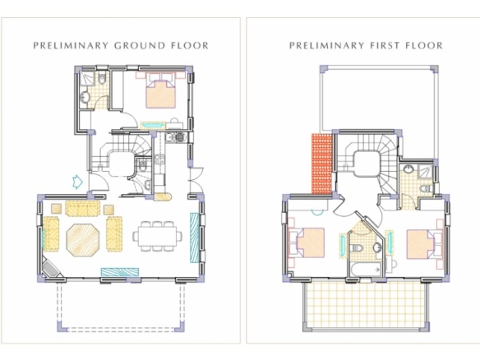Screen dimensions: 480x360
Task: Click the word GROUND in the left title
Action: click(140, 45)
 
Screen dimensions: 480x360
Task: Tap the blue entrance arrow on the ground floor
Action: click(77, 182)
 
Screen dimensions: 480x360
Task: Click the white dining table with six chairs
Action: click(157, 236)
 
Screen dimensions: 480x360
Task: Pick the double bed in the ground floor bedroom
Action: click(160, 91)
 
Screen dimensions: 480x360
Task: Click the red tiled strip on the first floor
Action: click(321, 164)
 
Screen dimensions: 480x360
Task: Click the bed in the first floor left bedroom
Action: click(309, 242)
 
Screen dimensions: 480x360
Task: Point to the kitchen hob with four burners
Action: click(159, 159)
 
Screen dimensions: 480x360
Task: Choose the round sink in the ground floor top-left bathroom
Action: click(85, 97)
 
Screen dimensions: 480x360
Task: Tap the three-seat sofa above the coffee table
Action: click(83, 208)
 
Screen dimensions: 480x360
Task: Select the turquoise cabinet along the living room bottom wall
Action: click(120, 272)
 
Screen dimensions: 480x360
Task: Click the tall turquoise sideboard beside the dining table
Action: click(195, 238)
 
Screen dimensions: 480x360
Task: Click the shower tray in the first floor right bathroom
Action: click(425, 172)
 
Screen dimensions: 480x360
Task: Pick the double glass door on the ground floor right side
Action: click(196, 180)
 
